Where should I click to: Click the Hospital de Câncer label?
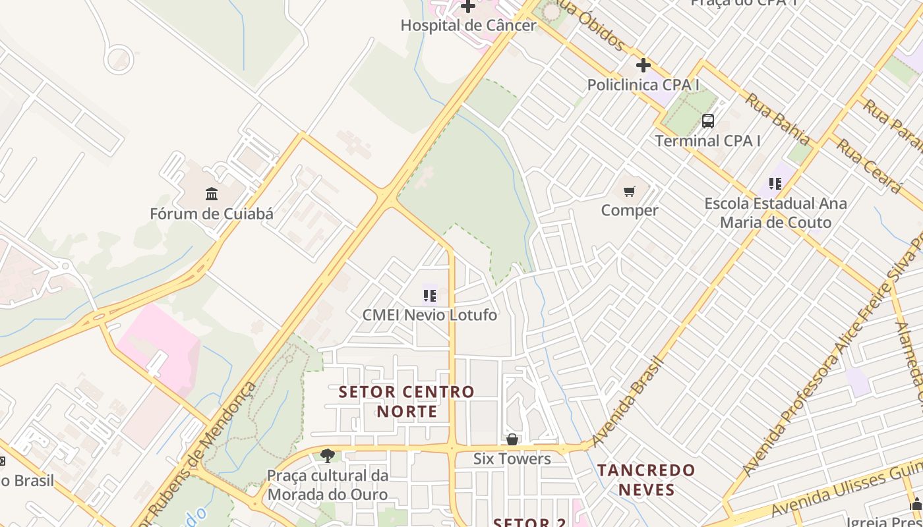[x=469, y=26]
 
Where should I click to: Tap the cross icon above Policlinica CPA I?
[x=643, y=65]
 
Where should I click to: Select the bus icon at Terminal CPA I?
[x=707, y=121]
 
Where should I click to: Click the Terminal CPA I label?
[x=707, y=141]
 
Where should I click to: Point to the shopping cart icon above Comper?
[x=630, y=191]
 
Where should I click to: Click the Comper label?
[x=630, y=211]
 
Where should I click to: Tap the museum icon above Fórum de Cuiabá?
[x=212, y=194]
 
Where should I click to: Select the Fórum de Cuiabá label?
[x=212, y=214]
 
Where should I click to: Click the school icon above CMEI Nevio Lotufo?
[x=430, y=295]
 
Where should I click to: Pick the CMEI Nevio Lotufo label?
[x=430, y=315]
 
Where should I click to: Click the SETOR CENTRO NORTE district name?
[x=407, y=402]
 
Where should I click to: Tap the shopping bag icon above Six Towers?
[x=512, y=439]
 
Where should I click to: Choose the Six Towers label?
[x=512, y=459]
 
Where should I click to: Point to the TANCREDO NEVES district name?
[x=646, y=480]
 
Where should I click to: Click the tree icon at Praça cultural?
[x=327, y=455]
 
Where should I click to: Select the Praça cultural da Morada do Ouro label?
[x=328, y=485]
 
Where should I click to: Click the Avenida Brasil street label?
[x=627, y=401]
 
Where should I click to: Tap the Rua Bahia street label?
[x=777, y=119]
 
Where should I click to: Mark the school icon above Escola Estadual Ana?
[x=775, y=184]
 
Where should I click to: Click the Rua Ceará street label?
[x=868, y=165]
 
